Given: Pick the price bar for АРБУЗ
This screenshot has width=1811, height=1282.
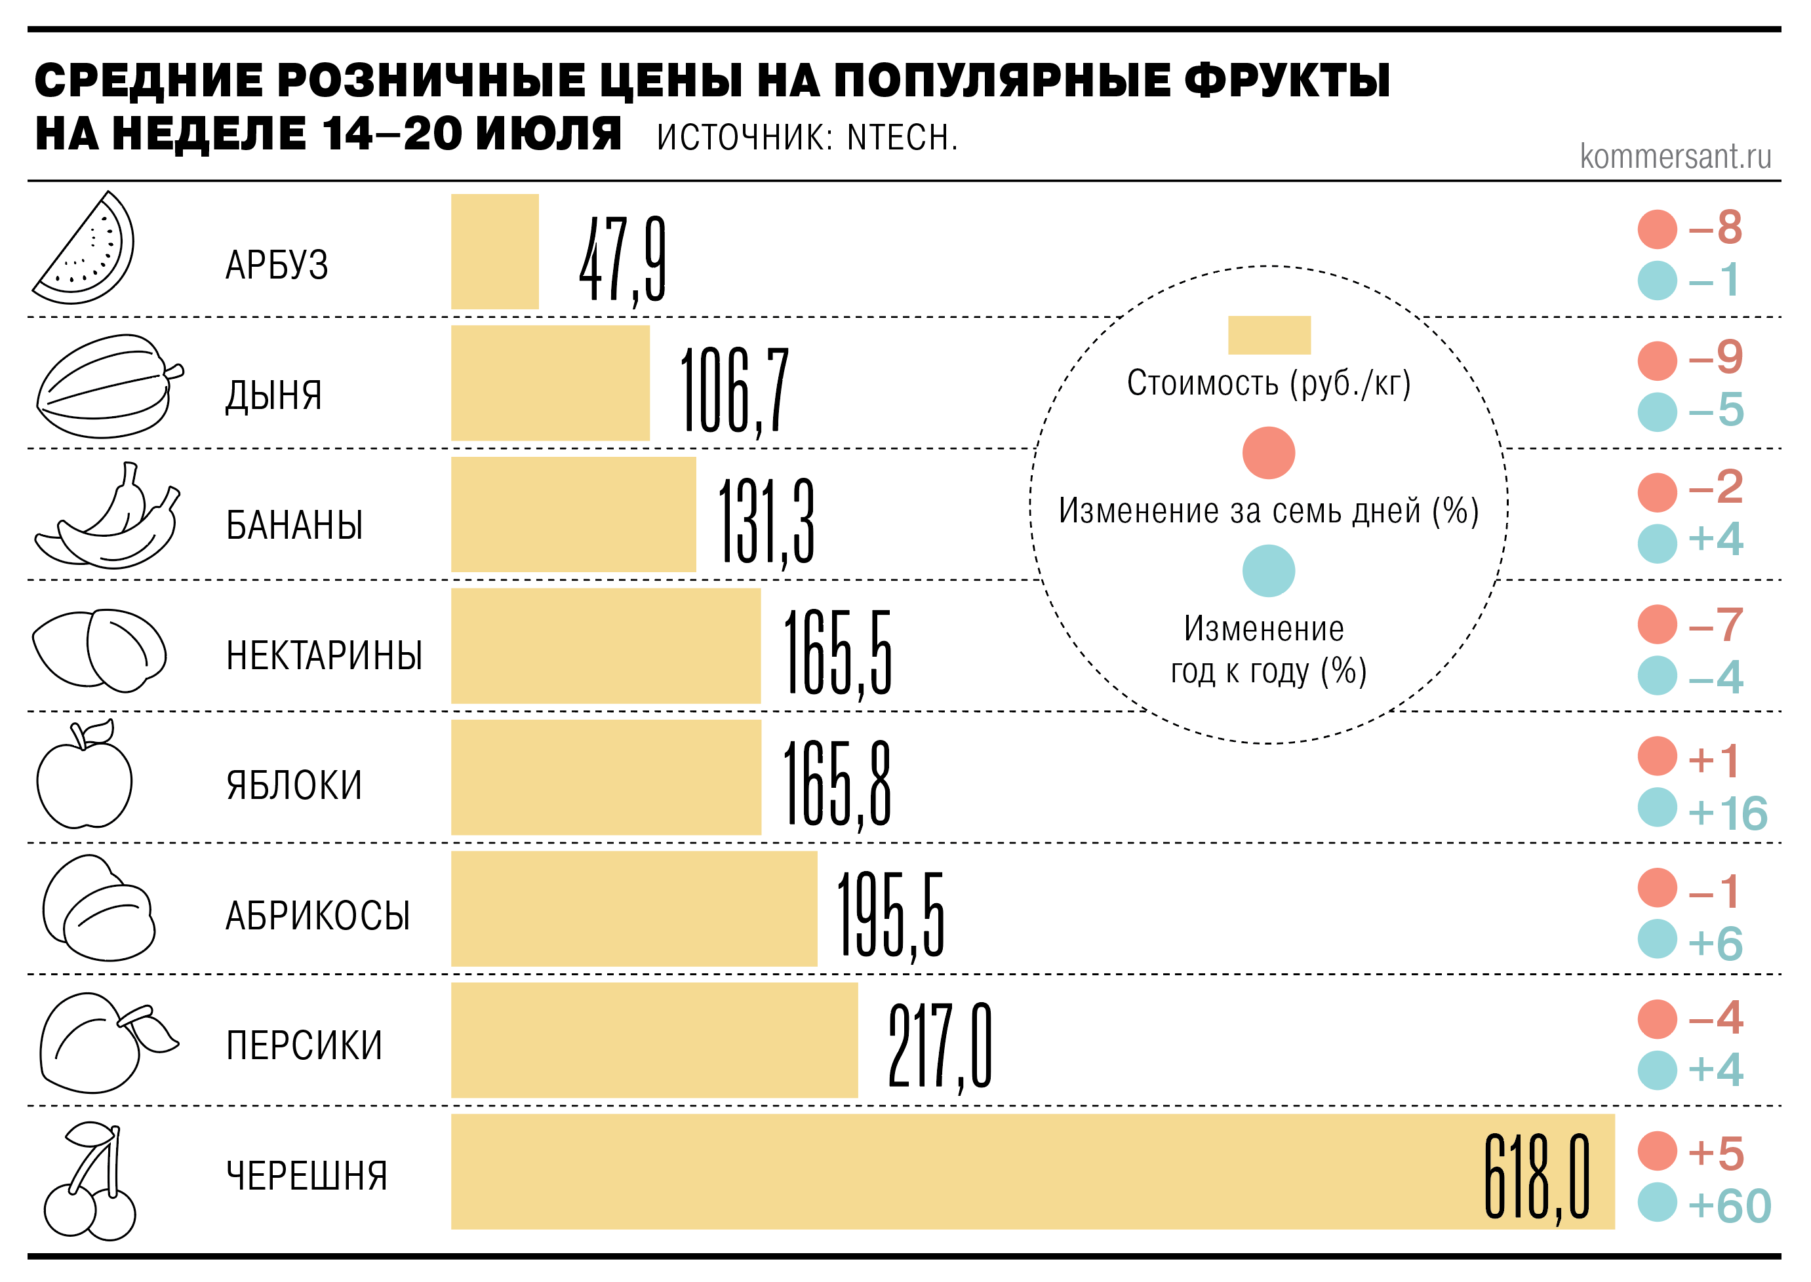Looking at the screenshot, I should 494,252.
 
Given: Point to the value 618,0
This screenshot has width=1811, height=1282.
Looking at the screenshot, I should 1536,1177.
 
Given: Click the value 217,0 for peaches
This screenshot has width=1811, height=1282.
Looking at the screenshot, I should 939,1047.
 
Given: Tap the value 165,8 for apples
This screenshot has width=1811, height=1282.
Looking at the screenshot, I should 837,784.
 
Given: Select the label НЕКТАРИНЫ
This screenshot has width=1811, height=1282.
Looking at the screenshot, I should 324,656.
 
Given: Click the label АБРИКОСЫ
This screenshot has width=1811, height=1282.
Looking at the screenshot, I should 317,916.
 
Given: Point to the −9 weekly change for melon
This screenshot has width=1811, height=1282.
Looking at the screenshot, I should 1715,358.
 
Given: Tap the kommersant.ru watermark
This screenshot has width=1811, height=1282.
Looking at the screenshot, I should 1675,156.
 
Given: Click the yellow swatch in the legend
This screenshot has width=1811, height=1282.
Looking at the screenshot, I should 1268,336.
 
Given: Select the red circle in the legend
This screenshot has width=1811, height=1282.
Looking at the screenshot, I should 1268,453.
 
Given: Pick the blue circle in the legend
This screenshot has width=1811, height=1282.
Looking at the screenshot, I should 1268,571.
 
